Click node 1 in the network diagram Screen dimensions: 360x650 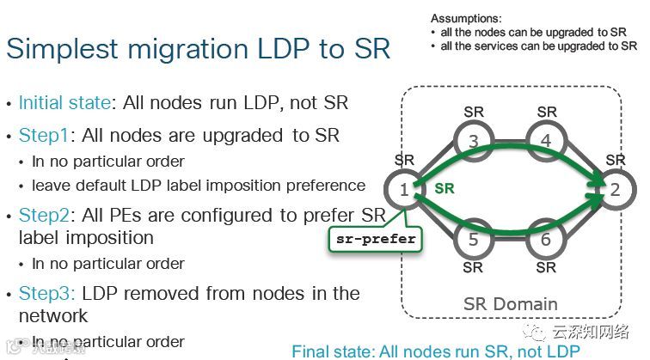pos(404,188)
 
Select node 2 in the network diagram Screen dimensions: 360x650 pos(615,188)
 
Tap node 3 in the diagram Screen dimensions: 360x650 pos(473,139)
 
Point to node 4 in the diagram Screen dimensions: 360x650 pos(546,139)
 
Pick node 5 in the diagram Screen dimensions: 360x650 pos(473,240)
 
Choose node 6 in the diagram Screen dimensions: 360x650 pos(546,240)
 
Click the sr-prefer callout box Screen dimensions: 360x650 pos(377,238)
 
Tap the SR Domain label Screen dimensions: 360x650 pos(510,304)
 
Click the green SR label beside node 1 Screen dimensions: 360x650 pos(444,187)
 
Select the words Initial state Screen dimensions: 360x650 pos(64,103)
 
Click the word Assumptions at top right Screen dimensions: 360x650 pos(466,18)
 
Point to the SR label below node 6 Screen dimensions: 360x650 pos(546,267)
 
